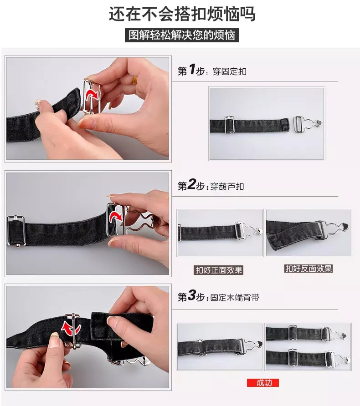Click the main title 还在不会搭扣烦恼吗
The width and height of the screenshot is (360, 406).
point(182,14)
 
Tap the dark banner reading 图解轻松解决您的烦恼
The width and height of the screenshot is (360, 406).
point(182,35)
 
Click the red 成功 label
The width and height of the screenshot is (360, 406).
point(263,383)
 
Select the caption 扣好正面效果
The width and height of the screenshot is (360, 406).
point(219,270)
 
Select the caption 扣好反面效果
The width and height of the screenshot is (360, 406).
point(309,269)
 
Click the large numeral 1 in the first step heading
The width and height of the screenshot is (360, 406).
point(192,69)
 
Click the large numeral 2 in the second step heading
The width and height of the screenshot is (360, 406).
point(191,184)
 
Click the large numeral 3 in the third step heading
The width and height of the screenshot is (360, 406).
point(192,295)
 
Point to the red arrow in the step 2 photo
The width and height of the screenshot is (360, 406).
point(116,217)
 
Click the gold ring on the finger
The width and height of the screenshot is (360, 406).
point(135,80)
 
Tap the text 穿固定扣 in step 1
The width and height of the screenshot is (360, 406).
point(229,71)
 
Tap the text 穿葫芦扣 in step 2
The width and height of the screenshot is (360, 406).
point(227,187)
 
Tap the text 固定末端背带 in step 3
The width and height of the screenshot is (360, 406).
point(235,298)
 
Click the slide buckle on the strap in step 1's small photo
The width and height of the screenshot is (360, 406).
point(229,125)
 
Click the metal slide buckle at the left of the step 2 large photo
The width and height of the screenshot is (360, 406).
point(16,231)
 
